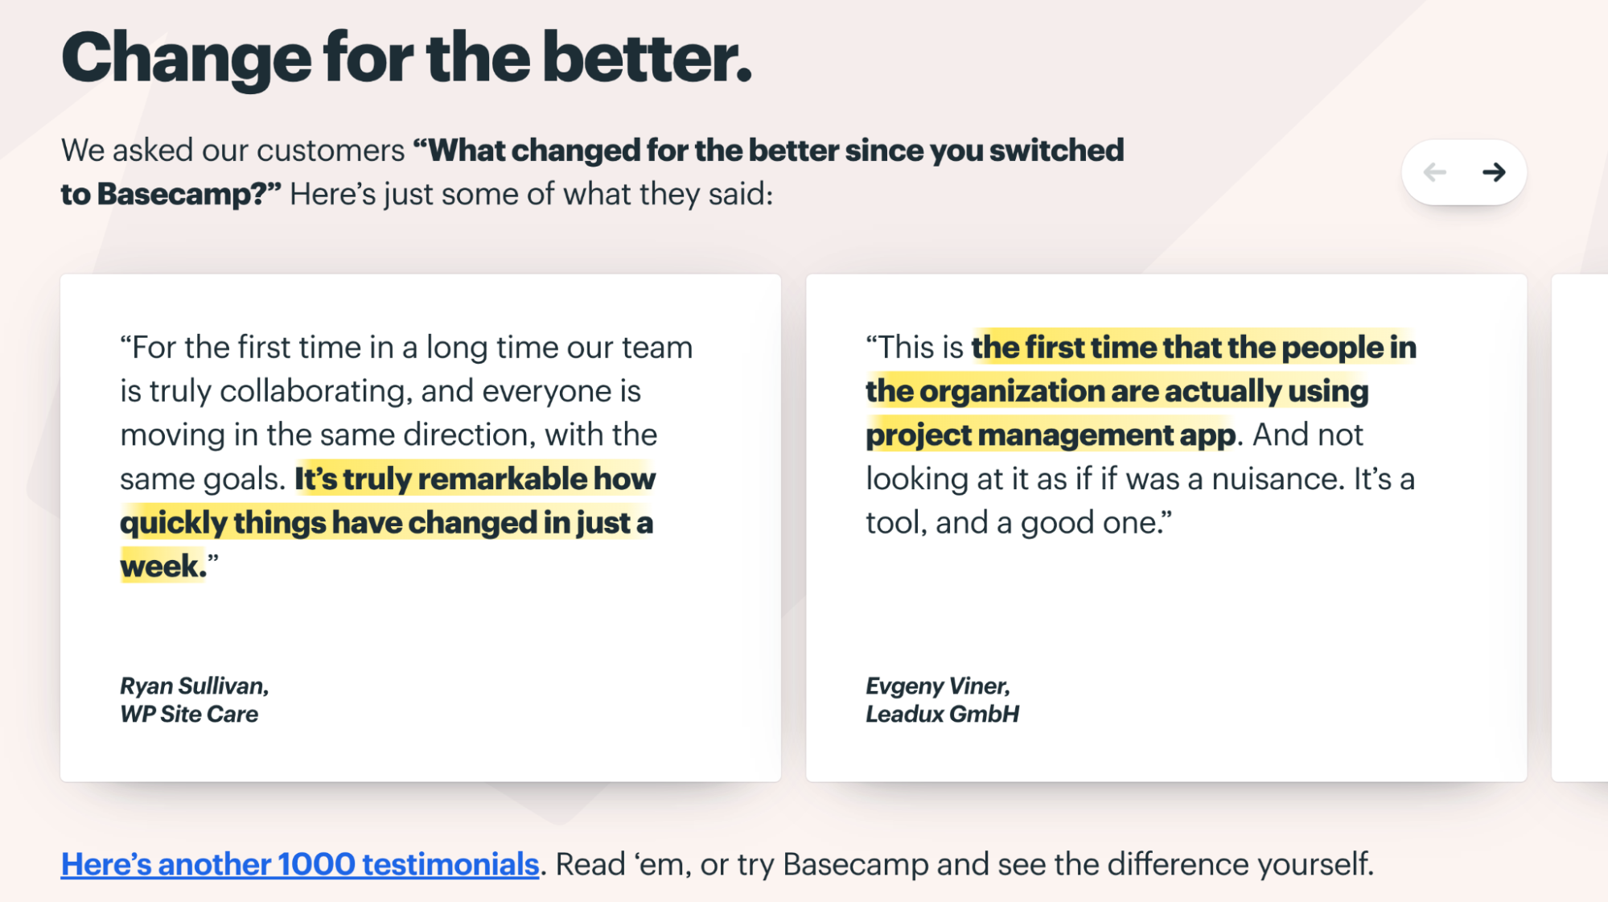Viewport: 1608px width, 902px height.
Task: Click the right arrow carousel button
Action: click(1494, 172)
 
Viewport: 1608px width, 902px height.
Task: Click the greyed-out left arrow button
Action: click(1434, 172)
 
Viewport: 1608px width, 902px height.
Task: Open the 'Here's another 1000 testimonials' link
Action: click(300, 864)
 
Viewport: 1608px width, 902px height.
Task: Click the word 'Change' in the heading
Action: click(186, 59)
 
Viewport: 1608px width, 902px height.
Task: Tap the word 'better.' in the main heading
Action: click(647, 57)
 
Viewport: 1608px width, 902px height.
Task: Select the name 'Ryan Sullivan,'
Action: click(195, 686)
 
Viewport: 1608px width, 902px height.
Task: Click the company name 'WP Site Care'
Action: click(189, 714)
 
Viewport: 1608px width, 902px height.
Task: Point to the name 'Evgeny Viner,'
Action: click(938, 686)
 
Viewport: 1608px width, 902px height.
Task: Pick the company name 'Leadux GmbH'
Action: click(942, 714)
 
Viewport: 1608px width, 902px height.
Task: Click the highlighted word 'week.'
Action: click(163, 566)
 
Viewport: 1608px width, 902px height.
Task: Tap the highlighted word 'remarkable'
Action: click(503, 479)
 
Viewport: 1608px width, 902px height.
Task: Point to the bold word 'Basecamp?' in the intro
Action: click(189, 194)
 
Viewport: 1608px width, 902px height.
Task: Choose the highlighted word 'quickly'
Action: click(174, 523)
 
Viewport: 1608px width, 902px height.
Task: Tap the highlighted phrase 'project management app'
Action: click(1051, 435)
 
